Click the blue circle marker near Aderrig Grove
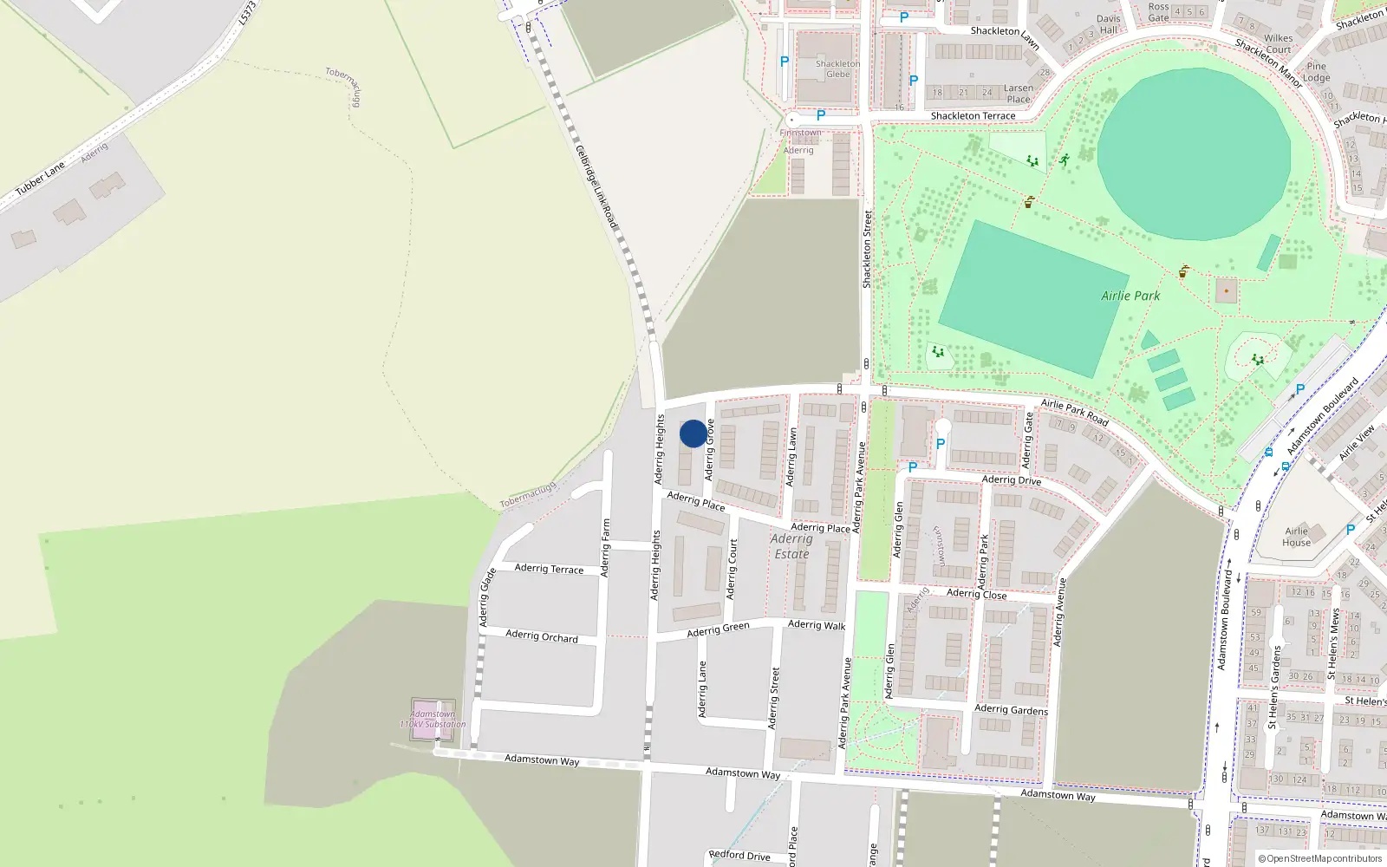coord(693,433)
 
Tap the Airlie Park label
coord(1130,296)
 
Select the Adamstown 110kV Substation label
coord(433,720)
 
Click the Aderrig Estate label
coord(791,546)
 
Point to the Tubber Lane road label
coord(40,179)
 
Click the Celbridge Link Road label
coord(596,187)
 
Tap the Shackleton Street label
coord(867,249)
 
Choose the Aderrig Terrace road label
coord(549,569)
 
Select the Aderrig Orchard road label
coord(541,636)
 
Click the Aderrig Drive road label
coord(1011,479)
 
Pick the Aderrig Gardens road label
coord(1011,709)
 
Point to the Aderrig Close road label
coord(976,594)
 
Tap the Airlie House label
coord(1296,537)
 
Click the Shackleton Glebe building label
coord(837,68)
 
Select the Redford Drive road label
coord(739,855)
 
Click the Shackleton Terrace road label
coord(973,115)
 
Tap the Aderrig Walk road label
coord(817,624)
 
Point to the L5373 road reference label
coord(247,13)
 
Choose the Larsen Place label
coord(1019,94)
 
